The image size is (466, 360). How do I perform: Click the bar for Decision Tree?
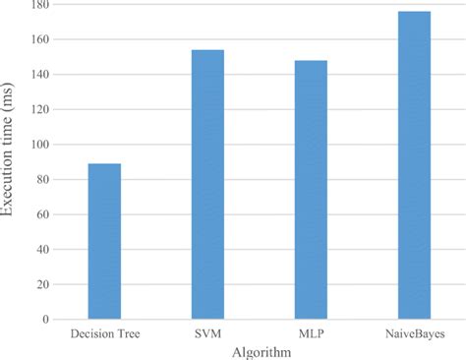104,241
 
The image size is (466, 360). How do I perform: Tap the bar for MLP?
311,190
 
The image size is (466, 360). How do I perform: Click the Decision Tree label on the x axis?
104,334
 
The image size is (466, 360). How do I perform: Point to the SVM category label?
207,334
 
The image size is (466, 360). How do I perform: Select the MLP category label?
311,334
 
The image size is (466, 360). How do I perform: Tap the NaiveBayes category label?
414,334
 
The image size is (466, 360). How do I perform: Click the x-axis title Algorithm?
259,351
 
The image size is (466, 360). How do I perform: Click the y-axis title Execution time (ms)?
12,162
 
